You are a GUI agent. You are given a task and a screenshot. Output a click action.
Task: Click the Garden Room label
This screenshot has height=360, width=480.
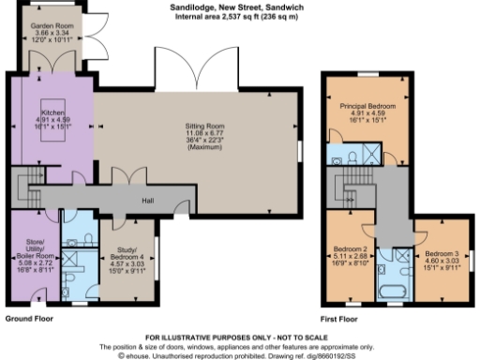[54, 27]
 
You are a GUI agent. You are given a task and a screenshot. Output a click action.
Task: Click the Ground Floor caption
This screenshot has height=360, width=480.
[29, 319]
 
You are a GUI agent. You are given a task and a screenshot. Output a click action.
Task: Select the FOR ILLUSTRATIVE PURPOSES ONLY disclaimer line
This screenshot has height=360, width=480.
[239, 335]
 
